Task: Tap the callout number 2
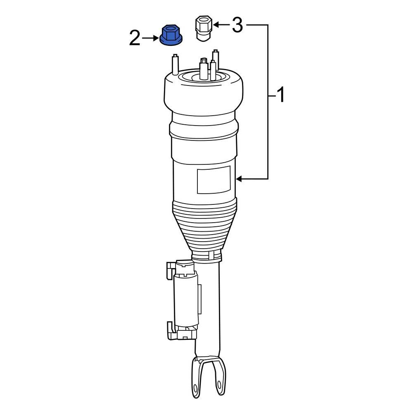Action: click(x=135, y=39)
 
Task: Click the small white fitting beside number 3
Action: click(x=202, y=28)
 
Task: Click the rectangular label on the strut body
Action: click(x=213, y=180)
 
